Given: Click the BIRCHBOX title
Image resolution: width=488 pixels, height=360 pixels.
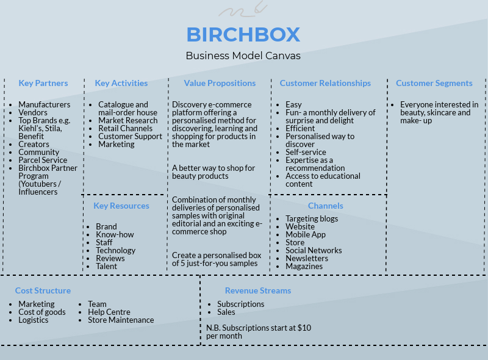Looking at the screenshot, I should click(243, 34).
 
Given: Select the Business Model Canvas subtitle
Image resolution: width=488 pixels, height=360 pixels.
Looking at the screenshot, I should click(243, 56).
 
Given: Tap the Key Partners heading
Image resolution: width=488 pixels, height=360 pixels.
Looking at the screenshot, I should click(43, 83).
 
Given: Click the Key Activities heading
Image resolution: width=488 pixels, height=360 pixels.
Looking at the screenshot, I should click(121, 83).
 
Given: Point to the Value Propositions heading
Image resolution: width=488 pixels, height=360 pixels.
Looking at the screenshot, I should click(220, 83).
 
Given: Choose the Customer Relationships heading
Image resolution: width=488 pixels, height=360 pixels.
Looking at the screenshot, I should click(325, 83).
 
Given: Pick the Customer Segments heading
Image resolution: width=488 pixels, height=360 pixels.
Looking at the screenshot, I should click(434, 83).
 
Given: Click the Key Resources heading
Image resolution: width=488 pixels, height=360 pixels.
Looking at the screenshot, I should click(121, 206).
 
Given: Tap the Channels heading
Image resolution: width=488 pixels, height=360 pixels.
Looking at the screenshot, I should click(325, 206).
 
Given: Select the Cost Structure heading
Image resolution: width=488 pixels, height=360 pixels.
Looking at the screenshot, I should click(43, 290).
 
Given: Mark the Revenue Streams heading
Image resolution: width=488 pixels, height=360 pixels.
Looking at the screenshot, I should click(258, 290).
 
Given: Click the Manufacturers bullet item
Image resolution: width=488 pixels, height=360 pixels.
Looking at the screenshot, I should click(44, 104).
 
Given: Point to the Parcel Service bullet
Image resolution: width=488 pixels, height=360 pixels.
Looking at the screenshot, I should click(43, 160).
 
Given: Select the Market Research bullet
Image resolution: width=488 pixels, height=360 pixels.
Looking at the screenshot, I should click(127, 120).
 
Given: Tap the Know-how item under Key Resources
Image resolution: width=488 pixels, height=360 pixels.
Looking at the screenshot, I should click(115, 234).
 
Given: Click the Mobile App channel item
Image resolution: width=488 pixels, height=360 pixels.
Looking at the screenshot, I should click(306, 234).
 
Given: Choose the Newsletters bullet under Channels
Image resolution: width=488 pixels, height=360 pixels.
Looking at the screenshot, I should click(307, 258).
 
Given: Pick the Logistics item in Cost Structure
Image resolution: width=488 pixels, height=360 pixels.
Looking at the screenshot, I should click(33, 320).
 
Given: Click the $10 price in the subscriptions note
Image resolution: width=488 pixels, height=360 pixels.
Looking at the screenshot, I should click(304, 328).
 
